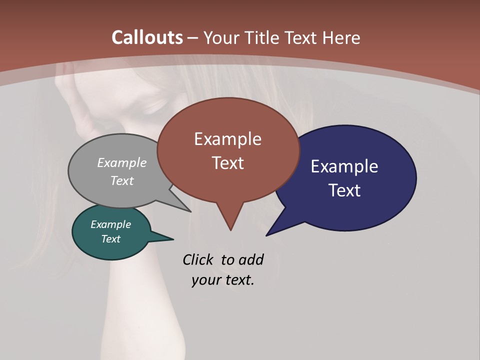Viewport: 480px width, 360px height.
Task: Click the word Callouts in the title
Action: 147,37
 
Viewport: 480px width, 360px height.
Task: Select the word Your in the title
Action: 221,37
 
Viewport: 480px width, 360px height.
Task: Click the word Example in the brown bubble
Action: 227,139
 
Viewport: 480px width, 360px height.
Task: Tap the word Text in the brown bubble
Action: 227,163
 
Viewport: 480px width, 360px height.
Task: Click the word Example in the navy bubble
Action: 344,166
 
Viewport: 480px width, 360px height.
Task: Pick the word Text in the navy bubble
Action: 344,190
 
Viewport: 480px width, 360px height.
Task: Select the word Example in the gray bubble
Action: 122,163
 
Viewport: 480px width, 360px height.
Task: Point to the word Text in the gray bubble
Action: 122,180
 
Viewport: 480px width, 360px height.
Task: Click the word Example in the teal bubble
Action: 110,224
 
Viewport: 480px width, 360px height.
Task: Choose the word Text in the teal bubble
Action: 110,239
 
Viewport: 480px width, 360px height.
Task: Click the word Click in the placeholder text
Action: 198,259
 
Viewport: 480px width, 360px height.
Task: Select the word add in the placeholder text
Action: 250,259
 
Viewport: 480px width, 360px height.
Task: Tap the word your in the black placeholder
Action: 205,280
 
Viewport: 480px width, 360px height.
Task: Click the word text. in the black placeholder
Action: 238,280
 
